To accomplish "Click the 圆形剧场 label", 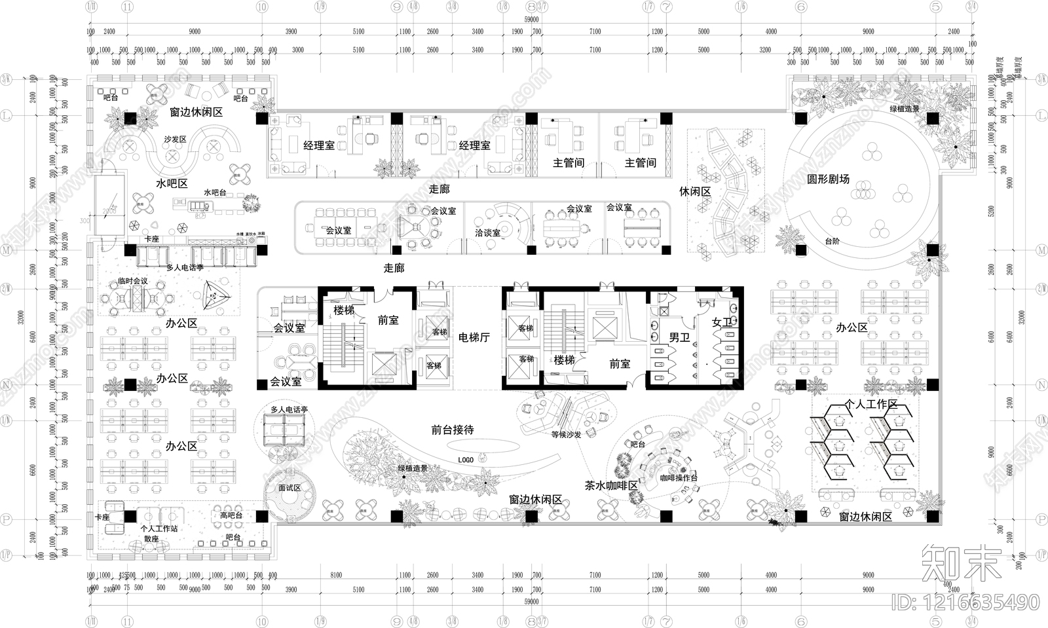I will point(828,179).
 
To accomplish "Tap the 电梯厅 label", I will point(474,338).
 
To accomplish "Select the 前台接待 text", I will point(453,430).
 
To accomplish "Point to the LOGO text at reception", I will point(466,460).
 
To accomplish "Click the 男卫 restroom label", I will point(679,338).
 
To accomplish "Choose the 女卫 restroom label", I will point(722,322).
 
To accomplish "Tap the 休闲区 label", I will point(695,192).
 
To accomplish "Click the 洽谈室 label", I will point(487,232).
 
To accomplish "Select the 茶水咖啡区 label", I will point(611,486).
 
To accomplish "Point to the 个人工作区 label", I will point(871,404).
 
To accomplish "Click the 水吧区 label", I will point(172,184).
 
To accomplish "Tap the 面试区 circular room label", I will point(290,488).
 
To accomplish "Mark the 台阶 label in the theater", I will point(832,242).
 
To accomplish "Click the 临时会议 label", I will point(133,281).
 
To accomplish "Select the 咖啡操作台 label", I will point(679,478).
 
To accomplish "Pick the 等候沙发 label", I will point(567,434).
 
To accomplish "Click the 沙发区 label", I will point(175,139).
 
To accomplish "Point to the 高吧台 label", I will point(231,516).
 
